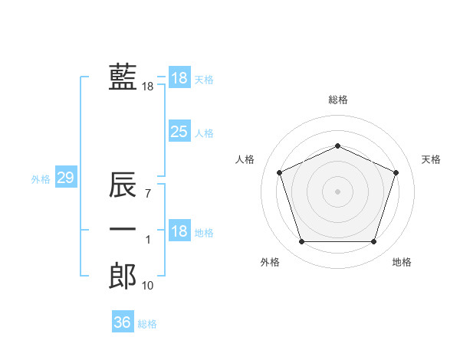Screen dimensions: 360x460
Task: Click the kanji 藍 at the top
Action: pos(123,77)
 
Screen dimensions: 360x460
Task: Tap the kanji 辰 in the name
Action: pos(123,186)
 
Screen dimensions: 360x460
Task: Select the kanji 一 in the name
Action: pos(123,230)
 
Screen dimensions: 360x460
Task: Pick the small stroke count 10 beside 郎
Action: pos(148,286)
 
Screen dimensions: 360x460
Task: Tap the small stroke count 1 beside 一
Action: pos(148,241)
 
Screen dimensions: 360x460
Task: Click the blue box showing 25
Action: pos(179,132)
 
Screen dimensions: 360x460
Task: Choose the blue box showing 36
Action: pos(122,322)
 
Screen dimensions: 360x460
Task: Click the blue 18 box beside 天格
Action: pos(179,78)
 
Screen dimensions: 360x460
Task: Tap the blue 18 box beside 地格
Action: pos(179,232)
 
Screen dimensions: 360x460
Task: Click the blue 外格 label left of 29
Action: pos(41,179)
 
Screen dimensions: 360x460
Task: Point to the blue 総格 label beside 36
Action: pos(147,324)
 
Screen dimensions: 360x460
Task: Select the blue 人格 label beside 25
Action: pos(204,133)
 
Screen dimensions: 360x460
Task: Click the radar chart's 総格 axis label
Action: pos(338,100)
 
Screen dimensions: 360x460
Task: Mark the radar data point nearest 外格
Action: pos(301,242)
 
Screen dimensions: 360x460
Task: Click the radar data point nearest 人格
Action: pos(279,172)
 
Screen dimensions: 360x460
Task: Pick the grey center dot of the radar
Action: pos(338,191)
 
